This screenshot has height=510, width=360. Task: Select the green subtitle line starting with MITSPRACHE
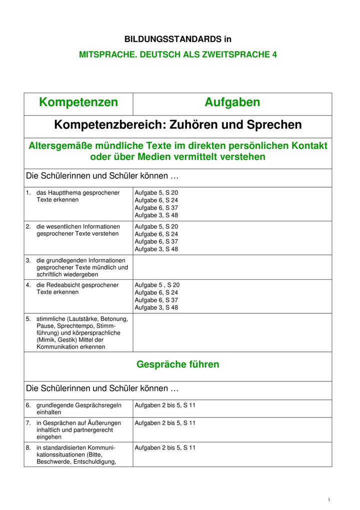[x=178, y=55]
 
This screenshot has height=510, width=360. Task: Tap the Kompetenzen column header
[x=78, y=103]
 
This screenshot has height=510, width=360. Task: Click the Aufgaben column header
[x=232, y=103]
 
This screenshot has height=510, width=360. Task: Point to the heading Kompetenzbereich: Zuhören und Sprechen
[x=178, y=125]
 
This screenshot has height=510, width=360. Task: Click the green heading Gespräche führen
[x=177, y=364]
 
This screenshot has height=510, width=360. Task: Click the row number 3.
[x=28, y=260]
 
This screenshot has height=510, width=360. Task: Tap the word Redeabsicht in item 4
[x=64, y=285]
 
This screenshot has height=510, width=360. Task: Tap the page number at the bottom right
[x=329, y=499]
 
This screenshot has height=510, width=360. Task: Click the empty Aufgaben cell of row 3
[x=232, y=267]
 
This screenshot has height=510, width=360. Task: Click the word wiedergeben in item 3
[x=81, y=274]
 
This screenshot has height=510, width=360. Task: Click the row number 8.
[x=28, y=447]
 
